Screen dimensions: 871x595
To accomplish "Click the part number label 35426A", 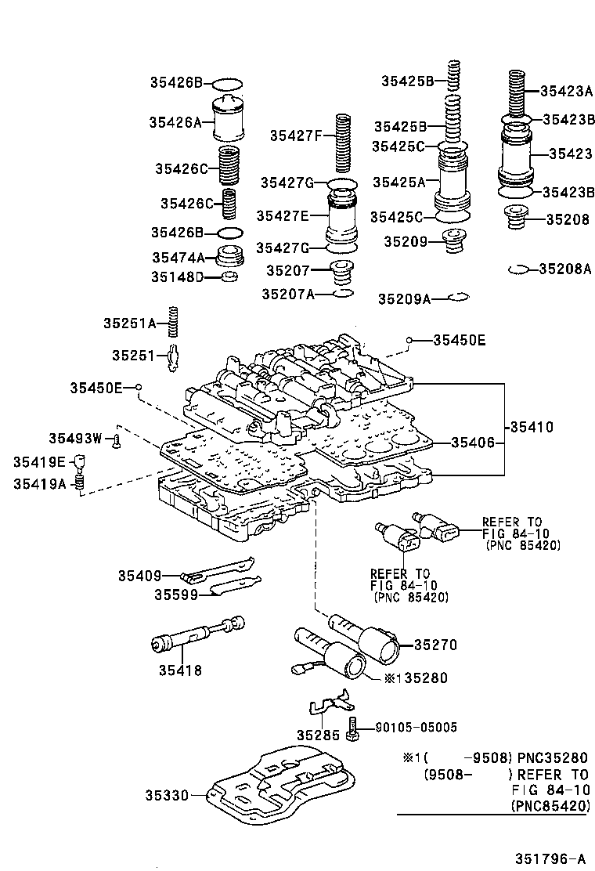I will pyautogui.click(x=175, y=121).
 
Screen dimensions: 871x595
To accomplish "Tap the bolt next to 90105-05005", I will pyautogui.click(x=352, y=729).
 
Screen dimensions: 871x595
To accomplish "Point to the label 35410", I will pyautogui.click(x=532, y=428).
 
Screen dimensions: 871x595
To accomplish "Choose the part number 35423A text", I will pyautogui.click(x=566, y=90).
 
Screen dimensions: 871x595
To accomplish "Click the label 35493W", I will pyautogui.click(x=75, y=439).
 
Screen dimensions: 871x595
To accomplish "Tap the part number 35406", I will pyautogui.click(x=472, y=443).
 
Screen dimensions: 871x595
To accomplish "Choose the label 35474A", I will pyautogui.click(x=178, y=257).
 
